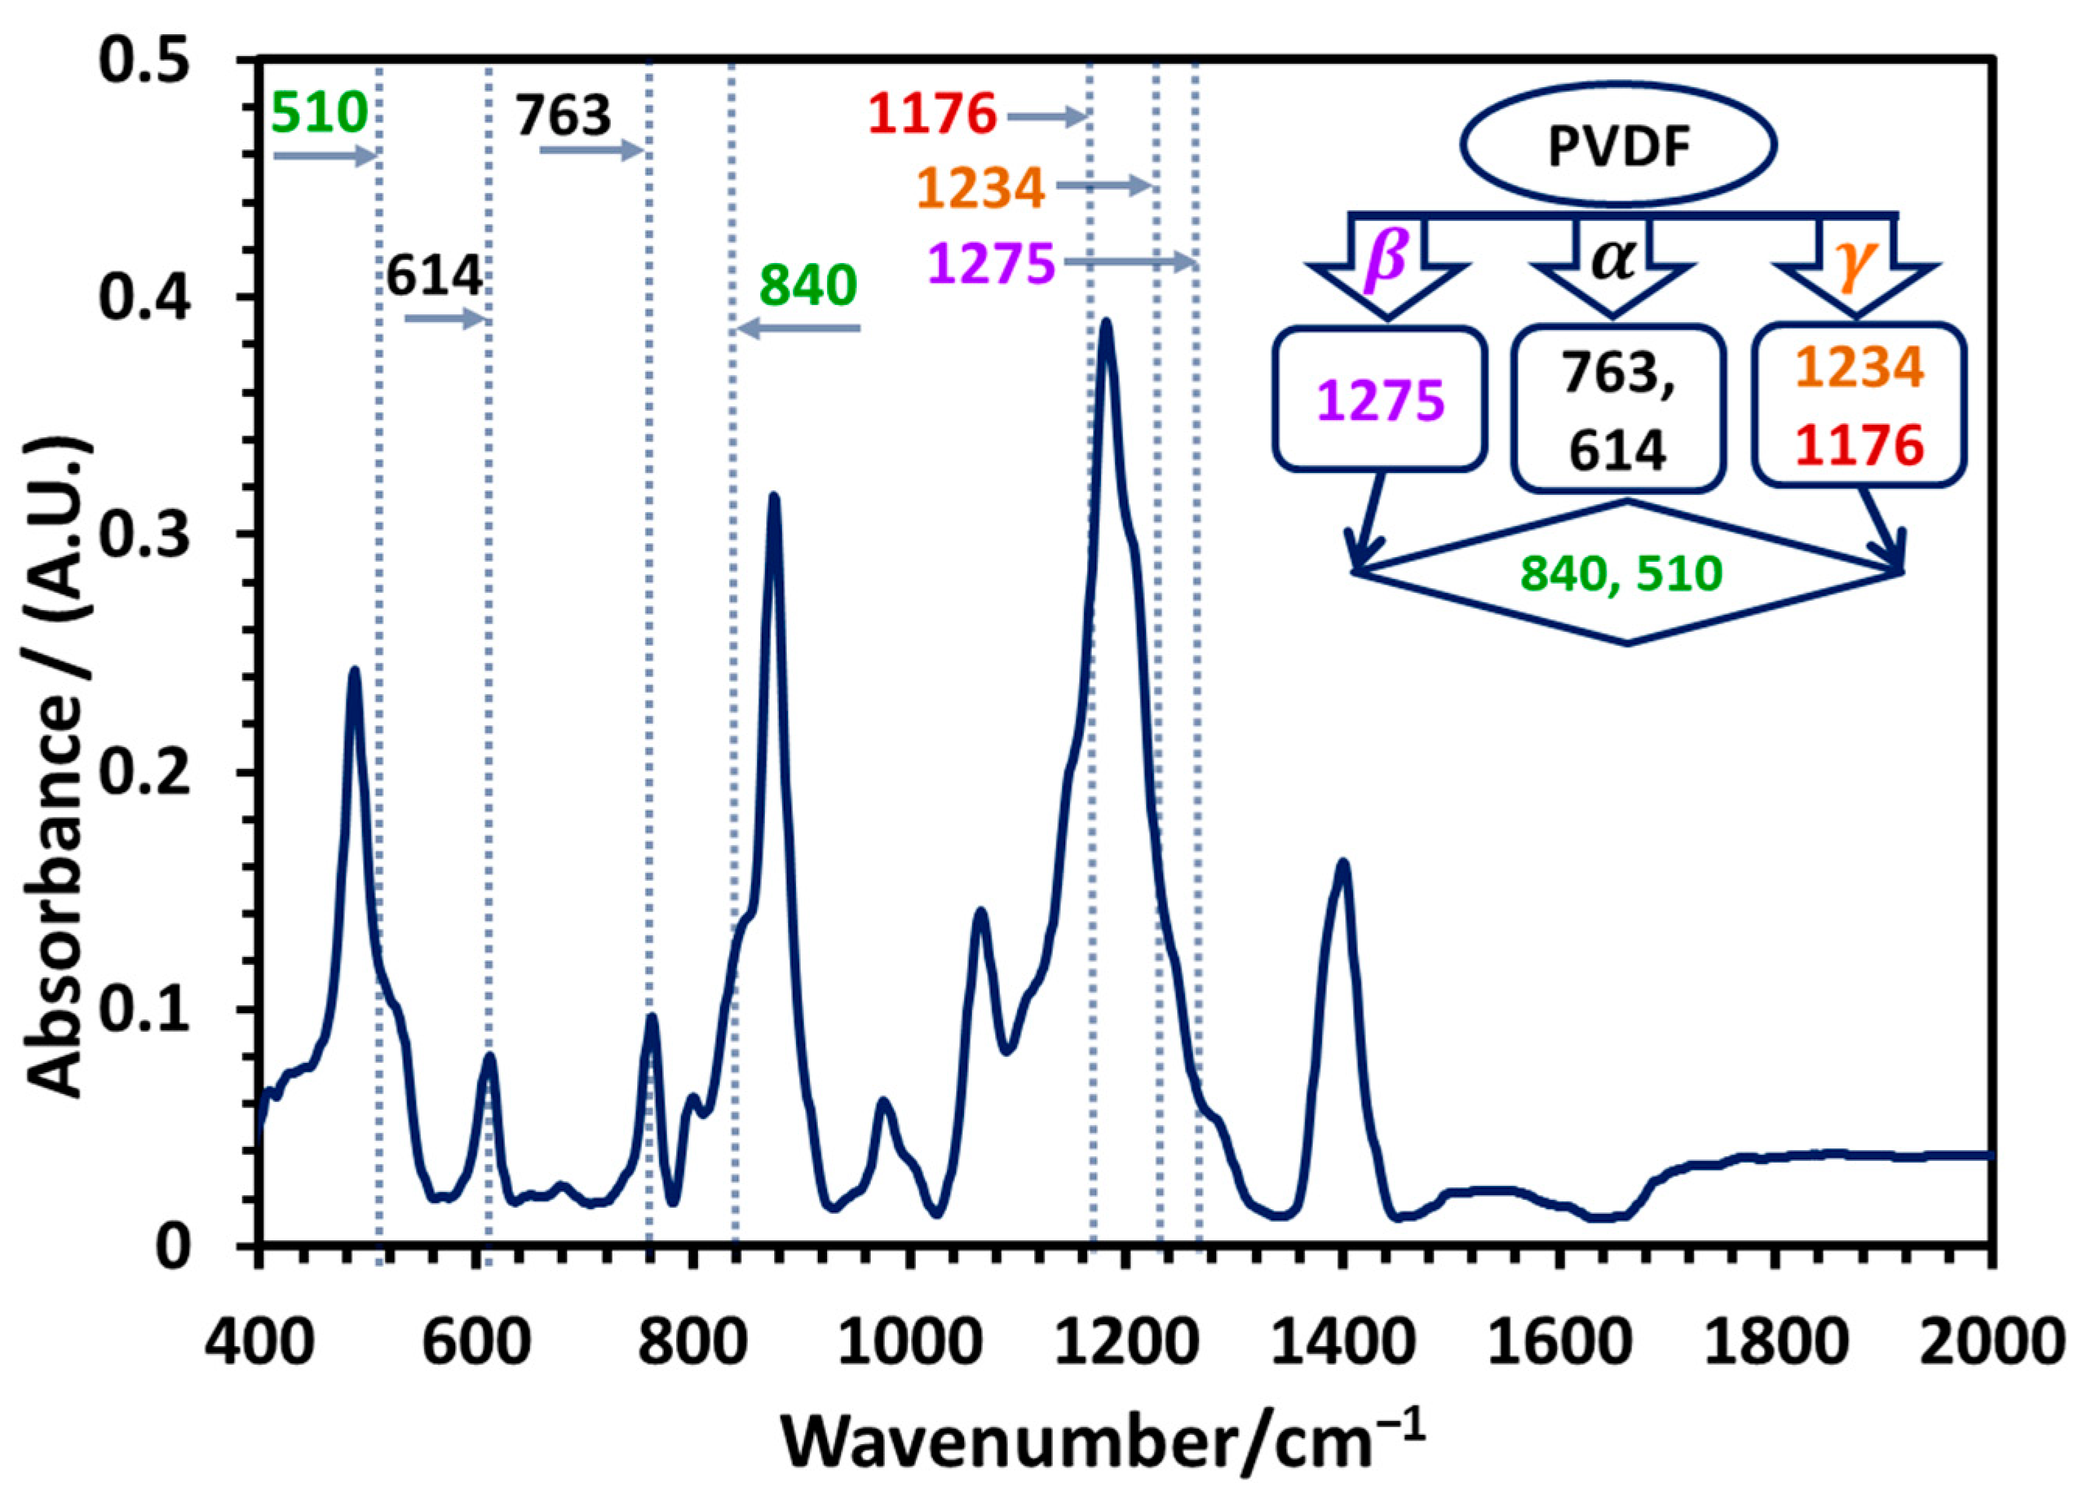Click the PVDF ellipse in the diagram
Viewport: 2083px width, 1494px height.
click(1618, 145)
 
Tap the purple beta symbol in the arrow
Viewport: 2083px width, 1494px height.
click(1387, 256)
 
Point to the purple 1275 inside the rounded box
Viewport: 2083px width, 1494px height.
click(1380, 402)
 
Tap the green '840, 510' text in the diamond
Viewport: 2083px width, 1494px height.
click(1622, 573)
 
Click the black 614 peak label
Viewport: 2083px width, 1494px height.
click(433, 275)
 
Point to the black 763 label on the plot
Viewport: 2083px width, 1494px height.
click(562, 116)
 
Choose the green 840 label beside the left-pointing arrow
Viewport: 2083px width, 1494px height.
click(808, 286)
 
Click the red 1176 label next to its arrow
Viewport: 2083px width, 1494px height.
click(932, 116)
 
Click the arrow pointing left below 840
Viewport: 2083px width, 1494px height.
click(798, 328)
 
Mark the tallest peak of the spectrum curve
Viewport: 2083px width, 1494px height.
click(1106, 323)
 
